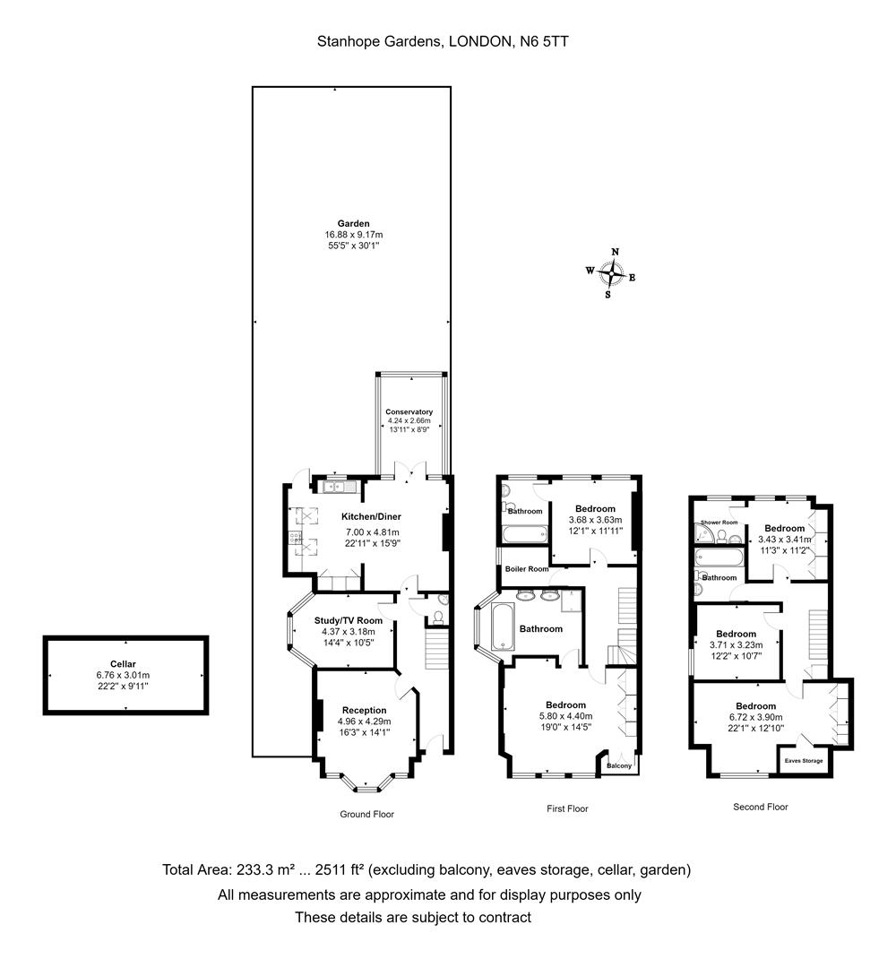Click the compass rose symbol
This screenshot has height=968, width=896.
click(x=611, y=273)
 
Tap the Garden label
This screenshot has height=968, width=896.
click(x=354, y=223)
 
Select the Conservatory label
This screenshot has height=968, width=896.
click(x=409, y=411)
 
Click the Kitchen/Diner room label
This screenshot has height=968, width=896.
click(x=372, y=517)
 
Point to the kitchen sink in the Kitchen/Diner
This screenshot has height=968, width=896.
click(x=339, y=487)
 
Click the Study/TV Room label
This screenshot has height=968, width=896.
click(x=349, y=620)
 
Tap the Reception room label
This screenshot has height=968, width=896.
click(x=364, y=711)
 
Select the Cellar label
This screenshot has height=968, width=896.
click(x=124, y=664)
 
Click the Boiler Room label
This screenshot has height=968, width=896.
click(x=527, y=568)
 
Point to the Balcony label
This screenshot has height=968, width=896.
click(x=619, y=765)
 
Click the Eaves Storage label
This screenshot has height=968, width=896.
click(x=804, y=761)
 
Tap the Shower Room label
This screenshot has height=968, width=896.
click(x=719, y=523)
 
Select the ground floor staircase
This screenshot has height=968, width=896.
click(x=436, y=647)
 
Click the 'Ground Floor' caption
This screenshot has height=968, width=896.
click(x=366, y=814)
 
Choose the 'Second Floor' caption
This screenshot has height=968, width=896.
click(x=760, y=807)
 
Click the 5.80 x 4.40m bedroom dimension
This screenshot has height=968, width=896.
click(x=566, y=716)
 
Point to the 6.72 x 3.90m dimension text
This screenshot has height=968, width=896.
click(x=756, y=717)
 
